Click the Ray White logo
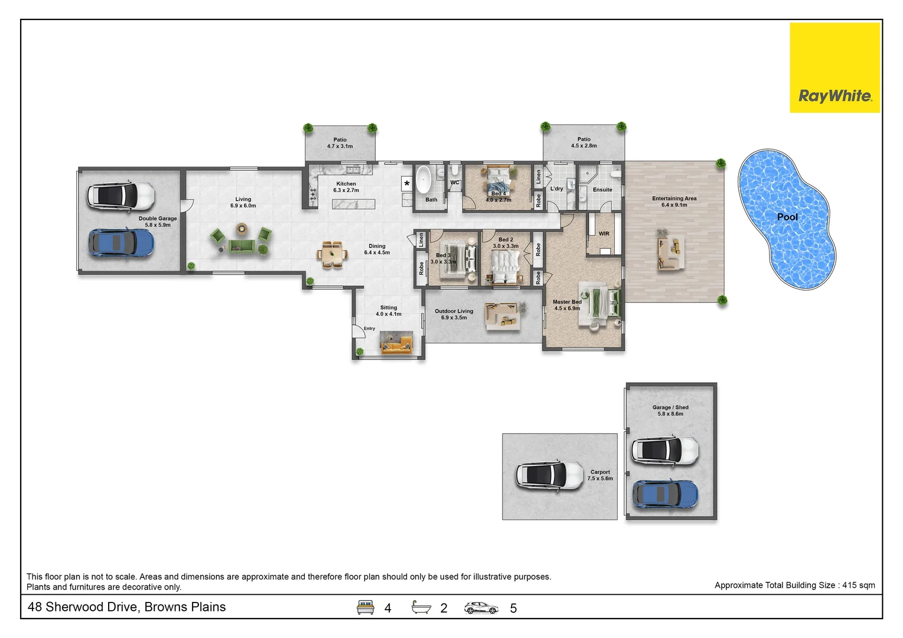click(834, 67)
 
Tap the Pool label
click(787, 217)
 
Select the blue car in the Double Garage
click(121, 243)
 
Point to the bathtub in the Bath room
click(423, 180)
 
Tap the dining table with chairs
click(331, 255)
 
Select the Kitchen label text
click(346, 184)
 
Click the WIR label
click(604, 233)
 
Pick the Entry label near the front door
click(369, 328)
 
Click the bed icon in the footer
click(366, 607)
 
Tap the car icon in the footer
click(481, 607)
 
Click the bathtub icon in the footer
click(422, 607)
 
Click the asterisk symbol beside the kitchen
click(407, 184)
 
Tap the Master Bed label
click(567, 302)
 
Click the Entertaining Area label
click(674, 198)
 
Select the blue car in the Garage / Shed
click(665, 494)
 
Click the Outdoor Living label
click(454, 311)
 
